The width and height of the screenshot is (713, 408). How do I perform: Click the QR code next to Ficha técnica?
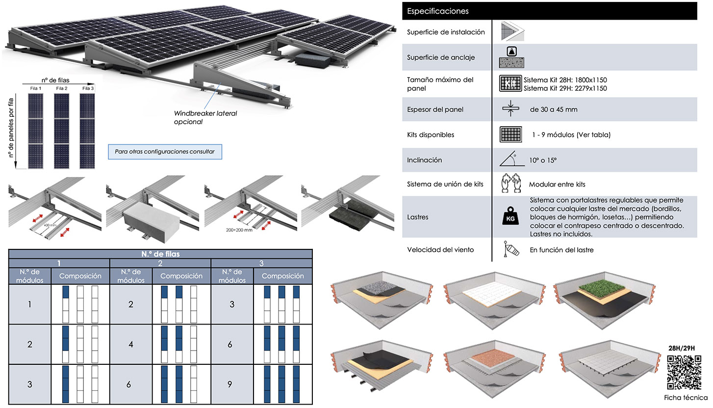click(x=685, y=372)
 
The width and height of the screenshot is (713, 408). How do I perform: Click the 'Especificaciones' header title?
click(x=438, y=11)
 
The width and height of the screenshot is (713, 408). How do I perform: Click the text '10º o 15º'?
click(x=544, y=160)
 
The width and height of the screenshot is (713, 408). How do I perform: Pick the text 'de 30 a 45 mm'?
click(x=554, y=109)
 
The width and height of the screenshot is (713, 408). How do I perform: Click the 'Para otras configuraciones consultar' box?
click(x=165, y=152)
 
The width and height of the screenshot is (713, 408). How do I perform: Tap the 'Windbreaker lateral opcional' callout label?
click(x=205, y=117)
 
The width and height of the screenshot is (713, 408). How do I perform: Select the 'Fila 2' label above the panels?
click(x=62, y=88)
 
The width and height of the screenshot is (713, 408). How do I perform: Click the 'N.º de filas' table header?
click(x=160, y=254)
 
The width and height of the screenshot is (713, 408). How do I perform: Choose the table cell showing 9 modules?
click(x=230, y=384)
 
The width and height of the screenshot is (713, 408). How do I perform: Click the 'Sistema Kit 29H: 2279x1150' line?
click(x=565, y=88)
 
